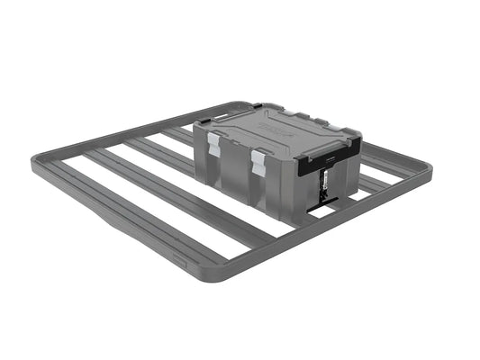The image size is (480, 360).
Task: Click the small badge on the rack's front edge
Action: click(182, 265)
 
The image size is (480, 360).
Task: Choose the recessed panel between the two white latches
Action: click(236, 162)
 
